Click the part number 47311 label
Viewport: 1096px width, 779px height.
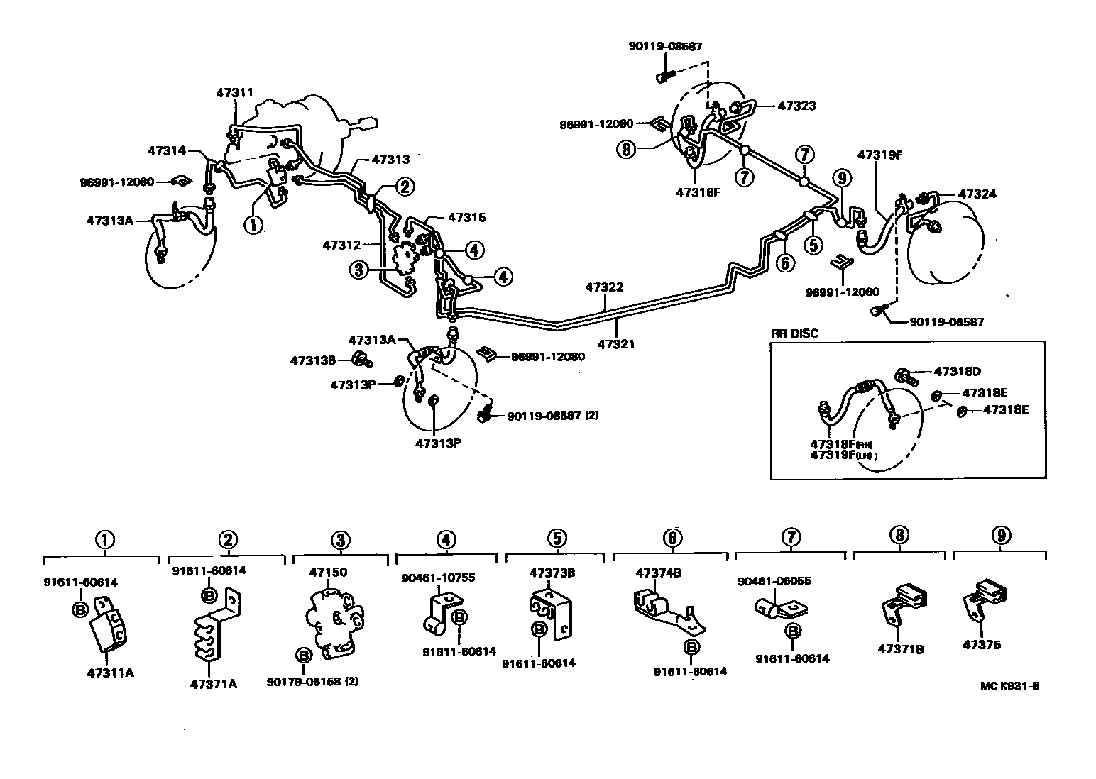(234, 92)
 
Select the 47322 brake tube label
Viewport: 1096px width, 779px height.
(604, 287)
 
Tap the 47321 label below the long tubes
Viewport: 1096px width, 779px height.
(615, 344)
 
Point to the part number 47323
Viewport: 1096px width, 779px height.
(796, 106)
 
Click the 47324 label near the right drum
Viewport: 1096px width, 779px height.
(977, 194)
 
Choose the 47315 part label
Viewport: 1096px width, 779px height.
(466, 218)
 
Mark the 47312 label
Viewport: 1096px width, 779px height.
(342, 245)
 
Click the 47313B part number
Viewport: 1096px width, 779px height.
(313, 360)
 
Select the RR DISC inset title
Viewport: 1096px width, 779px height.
(794, 334)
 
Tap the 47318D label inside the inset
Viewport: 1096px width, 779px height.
(957, 371)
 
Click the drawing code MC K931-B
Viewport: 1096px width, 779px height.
(1010, 686)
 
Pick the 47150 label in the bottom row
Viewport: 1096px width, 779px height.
(327, 572)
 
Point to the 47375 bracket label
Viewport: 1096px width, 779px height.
(982, 645)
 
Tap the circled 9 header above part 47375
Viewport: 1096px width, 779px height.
(1000, 536)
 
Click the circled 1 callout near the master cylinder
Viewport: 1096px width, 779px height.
(253, 225)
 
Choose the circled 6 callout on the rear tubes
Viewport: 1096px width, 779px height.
(784, 263)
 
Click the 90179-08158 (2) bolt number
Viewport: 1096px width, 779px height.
(312, 682)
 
